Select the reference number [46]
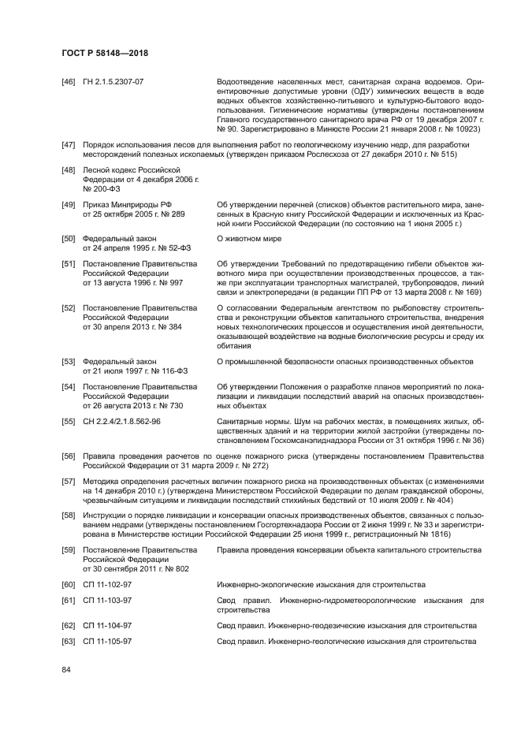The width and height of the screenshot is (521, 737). (69, 81)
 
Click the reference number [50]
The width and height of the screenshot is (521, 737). (69, 238)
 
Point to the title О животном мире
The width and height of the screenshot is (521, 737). (249, 238)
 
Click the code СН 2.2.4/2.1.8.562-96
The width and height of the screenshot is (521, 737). (122, 422)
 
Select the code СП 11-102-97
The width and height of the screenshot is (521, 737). (107, 584)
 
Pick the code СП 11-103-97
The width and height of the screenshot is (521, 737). (107, 601)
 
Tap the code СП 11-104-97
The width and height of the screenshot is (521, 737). (107, 625)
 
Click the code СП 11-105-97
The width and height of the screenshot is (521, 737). (107, 642)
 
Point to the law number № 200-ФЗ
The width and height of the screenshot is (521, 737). (102, 189)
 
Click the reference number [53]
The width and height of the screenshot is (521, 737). (69, 361)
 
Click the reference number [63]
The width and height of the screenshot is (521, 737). (69, 642)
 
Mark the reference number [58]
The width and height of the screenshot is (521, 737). (69, 515)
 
